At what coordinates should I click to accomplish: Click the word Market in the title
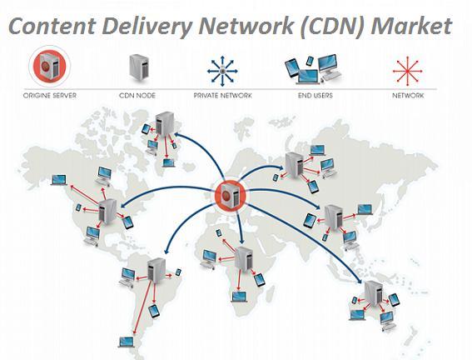pyautogui.click(x=411, y=26)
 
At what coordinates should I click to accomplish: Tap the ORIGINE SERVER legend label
pyautogui.click(x=50, y=96)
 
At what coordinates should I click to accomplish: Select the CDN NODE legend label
pyautogui.click(x=137, y=96)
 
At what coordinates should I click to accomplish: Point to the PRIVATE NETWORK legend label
pyautogui.click(x=223, y=96)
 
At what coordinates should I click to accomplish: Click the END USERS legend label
pyautogui.click(x=315, y=96)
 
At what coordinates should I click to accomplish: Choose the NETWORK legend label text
pyautogui.click(x=408, y=96)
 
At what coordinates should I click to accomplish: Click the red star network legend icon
pyautogui.click(x=407, y=71)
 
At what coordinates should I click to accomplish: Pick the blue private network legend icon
pyautogui.click(x=222, y=71)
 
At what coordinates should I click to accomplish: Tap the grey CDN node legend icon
pyautogui.click(x=139, y=67)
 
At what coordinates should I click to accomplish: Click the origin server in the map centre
pyautogui.click(x=231, y=196)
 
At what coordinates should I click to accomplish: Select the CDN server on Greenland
pyautogui.click(x=164, y=123)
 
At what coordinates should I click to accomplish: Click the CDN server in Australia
pyautogui.click(x=374, y=292)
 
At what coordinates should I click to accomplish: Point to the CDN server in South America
pyautogui.click(x=157, y=270)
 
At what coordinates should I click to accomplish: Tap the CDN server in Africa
pyautogui.click(x=244, y=258)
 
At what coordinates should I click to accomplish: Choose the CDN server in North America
pyautogui.click(x=107, y=212)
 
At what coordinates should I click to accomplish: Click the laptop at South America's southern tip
pyautogui.click(x=127, y=342)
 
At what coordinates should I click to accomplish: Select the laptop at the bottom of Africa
pyautogui.click(x=239, y=297)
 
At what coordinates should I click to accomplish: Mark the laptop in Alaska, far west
pyautogui.click(x=59, y=180)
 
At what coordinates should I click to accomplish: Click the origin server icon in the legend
pyautogui.click(x=50, y=67)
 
